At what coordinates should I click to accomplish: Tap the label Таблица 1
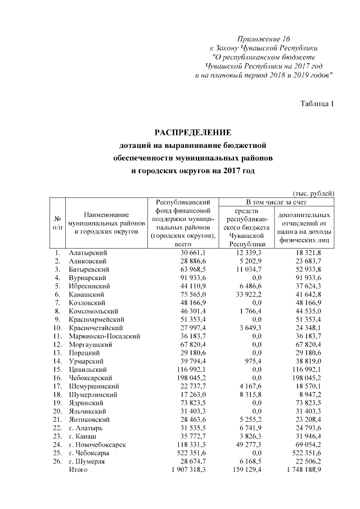coord(317,102)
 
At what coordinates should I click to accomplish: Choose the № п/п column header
coord(57,223)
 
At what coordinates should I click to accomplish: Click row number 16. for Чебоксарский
coord(57,377)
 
